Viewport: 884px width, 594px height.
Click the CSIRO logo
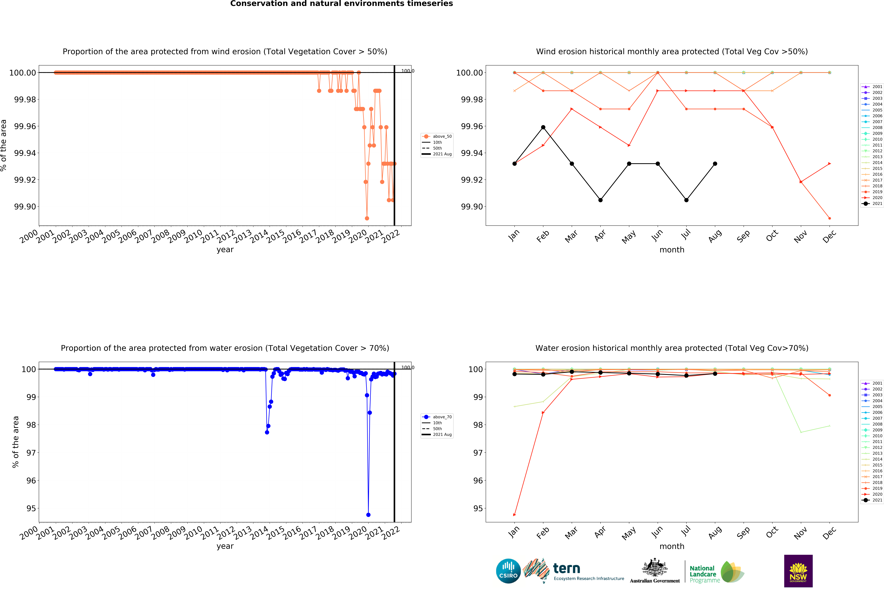(x=508, y=571)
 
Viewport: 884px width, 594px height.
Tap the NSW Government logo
(x=798, y=571)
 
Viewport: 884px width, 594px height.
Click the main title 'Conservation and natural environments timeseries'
(x=341, y=4)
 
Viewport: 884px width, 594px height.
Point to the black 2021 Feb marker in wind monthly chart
(x=543, y=127)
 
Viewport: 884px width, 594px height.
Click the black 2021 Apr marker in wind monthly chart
(x=600, y=200)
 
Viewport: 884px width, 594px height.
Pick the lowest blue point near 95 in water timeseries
(x=368, y=515)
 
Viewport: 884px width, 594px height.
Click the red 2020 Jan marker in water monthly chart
(x=514, y=515)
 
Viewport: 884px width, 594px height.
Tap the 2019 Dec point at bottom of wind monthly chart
(x=829, y=218)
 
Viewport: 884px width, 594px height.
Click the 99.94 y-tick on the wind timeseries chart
(x=25, y=153)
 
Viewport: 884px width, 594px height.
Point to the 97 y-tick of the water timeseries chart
(x=31, y=453)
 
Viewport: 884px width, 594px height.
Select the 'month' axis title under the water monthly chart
(x=672, y=546)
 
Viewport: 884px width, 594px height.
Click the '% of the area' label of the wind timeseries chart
(x=4, y=146)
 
